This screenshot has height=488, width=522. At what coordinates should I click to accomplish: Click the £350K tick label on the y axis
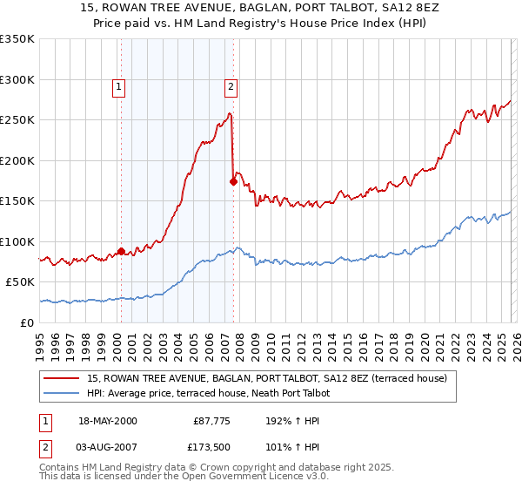tap(17, 39)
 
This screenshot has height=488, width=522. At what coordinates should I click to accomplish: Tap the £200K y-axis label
tap(17, 160)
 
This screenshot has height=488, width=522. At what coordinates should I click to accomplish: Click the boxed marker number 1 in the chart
tap(118, 86)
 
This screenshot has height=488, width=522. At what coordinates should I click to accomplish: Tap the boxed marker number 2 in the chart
tap(231, 86)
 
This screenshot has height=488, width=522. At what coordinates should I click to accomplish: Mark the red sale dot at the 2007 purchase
tap(233, 182)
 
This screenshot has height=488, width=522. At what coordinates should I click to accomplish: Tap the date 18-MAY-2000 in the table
tap(108, 421)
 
